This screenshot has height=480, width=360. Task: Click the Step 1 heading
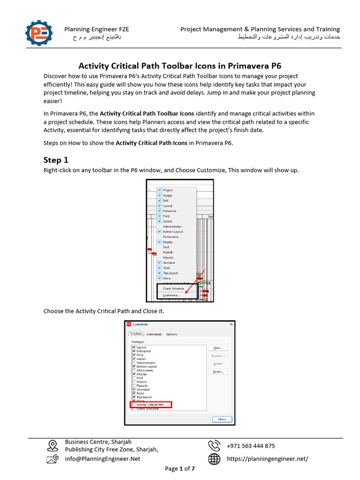(56, 160)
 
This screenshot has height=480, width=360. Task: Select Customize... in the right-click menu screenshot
(171, 295)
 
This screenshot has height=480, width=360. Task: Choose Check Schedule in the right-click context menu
(173, 289)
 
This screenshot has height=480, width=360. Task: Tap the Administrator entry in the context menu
(172, 226)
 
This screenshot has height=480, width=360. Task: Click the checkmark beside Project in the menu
(159, 190)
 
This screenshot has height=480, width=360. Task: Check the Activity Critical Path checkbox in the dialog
(135, 405)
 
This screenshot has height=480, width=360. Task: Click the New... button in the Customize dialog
(218, 348)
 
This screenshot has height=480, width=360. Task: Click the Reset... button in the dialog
(218, 372)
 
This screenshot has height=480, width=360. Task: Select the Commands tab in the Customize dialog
(154, 334)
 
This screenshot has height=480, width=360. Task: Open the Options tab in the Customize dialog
(172, 334)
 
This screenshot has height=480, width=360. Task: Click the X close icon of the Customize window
(231, 324)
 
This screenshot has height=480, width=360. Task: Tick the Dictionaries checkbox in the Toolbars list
(135, 370)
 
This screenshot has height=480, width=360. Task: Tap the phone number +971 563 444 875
(250, 446)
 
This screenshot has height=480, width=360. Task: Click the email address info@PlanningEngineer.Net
(102, 459)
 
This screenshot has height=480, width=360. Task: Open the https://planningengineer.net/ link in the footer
(267, 459)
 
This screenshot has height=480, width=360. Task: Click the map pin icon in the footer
(52, 445)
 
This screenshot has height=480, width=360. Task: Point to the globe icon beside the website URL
(214, 459)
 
